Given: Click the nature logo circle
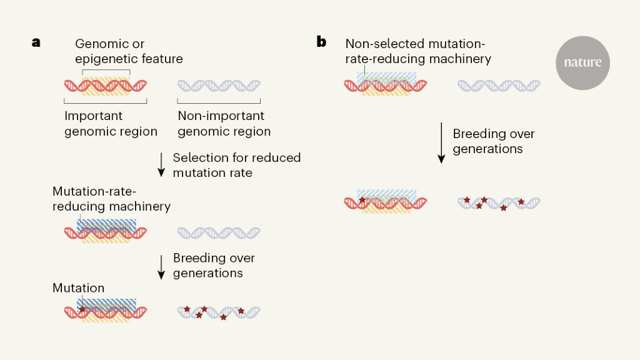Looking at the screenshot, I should (582, 62).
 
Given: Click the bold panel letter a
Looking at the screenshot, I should (36, 42).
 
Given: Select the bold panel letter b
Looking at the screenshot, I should (321, 42).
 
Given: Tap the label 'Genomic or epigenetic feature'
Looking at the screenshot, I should (129, 51).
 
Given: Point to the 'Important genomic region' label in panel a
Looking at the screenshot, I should (111, 124).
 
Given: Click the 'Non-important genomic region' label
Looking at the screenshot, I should (224, 124).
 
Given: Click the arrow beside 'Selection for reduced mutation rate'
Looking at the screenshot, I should (161, 164).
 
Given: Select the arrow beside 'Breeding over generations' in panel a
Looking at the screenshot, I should (161, 266).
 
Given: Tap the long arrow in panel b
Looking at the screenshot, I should (441, 142).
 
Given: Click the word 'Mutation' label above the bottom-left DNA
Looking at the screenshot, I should (78, 288).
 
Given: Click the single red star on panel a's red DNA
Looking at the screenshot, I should (82, 309).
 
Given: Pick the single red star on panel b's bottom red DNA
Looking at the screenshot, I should (362, 200).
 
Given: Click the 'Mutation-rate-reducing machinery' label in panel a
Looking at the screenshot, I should (111, 198).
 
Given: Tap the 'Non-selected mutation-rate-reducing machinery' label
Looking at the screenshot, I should (417, 51).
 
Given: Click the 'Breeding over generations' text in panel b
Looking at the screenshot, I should (494, 141).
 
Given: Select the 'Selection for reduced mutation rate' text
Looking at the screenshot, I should (236, 164).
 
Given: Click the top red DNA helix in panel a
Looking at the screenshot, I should (105, 85).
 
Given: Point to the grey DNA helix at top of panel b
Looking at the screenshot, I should (499, 85).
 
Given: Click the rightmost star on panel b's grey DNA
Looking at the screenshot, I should (521, 202).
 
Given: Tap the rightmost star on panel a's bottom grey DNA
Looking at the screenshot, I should (241, 311).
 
